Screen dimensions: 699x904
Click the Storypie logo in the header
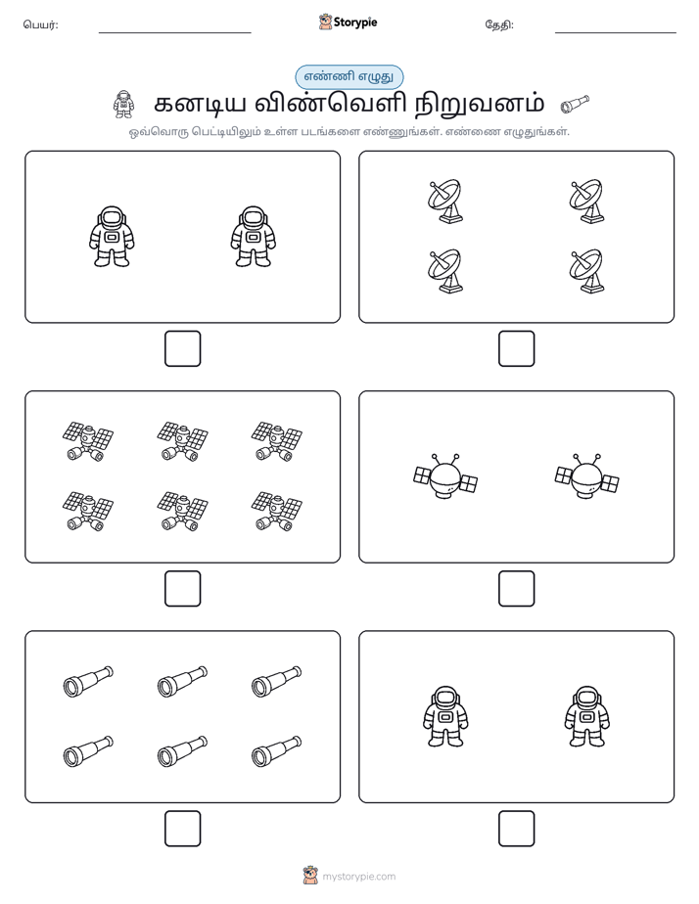(x=348, y=22)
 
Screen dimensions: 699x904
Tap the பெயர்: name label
(x=40, y=24)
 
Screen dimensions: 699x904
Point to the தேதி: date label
(x=499, y=24)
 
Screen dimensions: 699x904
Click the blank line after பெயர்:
(x=174, y=33)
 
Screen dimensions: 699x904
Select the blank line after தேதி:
(x=616, y=33)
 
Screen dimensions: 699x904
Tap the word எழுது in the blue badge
(x=376, y=76)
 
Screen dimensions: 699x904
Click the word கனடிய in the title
(x=200, y=104)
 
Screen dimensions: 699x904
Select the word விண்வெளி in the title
(x=331, y=103)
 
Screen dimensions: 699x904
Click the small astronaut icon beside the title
(x=123, y=105)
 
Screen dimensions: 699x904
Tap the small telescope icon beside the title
(x=575, y=105)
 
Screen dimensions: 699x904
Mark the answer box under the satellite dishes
(x=516, y=349)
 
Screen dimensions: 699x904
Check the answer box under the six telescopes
(x=183, y=829)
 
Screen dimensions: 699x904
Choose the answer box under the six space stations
(x=183, y=589)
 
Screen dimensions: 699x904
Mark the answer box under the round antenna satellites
(x=516, y=589)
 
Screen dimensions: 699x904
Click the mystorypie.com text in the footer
(x=358, y=877)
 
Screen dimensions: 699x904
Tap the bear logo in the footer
(x=310, y=876)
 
